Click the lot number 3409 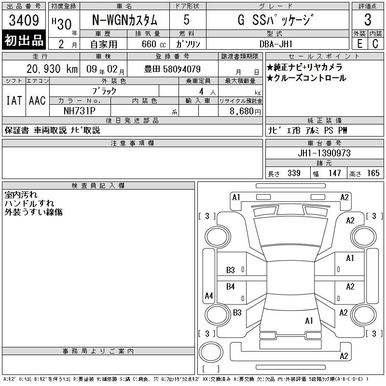pos(24,20)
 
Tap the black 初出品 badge pos(24,40)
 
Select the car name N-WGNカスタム pos(124,20)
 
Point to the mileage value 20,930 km pos(52,69)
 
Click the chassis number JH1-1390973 pos(324,153)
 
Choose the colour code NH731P pos(80,111)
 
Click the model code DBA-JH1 pos(276,44)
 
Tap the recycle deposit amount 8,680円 pos(245,111)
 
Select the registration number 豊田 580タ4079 pos(172,69)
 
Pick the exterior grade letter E pos(359,44)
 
